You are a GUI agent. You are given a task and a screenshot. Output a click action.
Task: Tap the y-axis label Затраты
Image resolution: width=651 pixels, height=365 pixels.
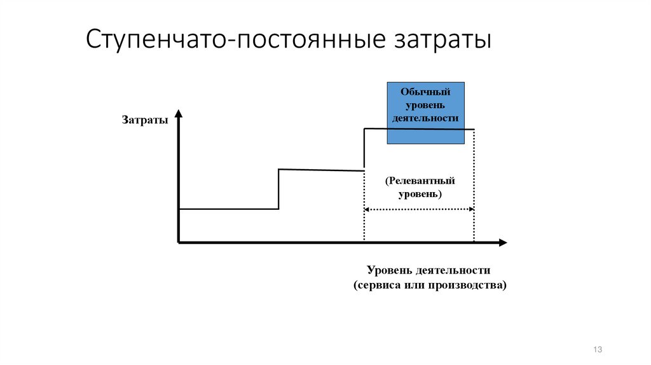point(145,120)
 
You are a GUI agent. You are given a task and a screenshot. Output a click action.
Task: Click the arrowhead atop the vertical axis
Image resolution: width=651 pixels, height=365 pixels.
point(179,114)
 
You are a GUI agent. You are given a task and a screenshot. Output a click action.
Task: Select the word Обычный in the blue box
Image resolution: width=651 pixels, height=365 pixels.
point(426,92)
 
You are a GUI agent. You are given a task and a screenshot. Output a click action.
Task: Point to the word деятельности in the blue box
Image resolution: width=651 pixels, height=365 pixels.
point(426,118)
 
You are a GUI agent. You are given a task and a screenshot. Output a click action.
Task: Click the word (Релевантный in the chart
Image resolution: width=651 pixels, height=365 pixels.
point(420,181)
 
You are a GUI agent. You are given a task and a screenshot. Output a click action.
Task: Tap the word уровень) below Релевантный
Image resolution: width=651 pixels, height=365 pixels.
point(420,194)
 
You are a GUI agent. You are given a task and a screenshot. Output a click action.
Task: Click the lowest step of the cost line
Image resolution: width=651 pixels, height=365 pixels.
point(229,209)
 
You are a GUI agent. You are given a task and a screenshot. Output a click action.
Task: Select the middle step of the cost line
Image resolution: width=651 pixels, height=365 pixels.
point(321,170)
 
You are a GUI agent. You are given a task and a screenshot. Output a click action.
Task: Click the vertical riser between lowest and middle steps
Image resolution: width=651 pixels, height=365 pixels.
point(279,189)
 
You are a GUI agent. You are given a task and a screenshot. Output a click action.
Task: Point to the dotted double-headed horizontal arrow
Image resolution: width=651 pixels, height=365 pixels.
point(420,210)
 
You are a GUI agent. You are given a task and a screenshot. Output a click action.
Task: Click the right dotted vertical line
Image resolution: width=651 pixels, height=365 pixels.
point(474,191)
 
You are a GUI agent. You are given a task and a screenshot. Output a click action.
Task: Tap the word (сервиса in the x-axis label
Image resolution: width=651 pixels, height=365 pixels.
point(376,285)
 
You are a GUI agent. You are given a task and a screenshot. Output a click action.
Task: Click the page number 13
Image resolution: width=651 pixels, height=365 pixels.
point(597,350)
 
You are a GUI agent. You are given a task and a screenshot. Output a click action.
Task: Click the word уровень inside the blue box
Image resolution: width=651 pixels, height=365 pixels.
point(426,105)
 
